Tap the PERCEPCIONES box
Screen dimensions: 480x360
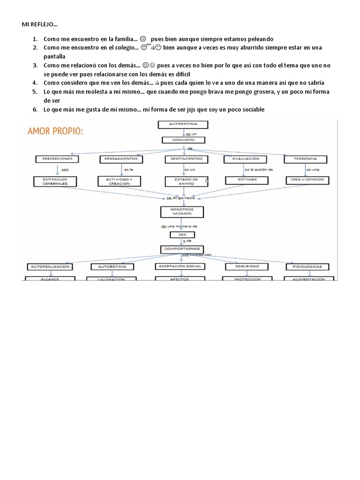(57, 159)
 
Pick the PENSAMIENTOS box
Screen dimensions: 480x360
(119, 159)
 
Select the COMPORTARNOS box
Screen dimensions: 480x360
(181, 248)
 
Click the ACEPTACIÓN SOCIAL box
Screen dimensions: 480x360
(180, 266)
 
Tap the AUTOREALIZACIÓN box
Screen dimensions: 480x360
(50, 266)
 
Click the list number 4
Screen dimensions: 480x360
(36, 83)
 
